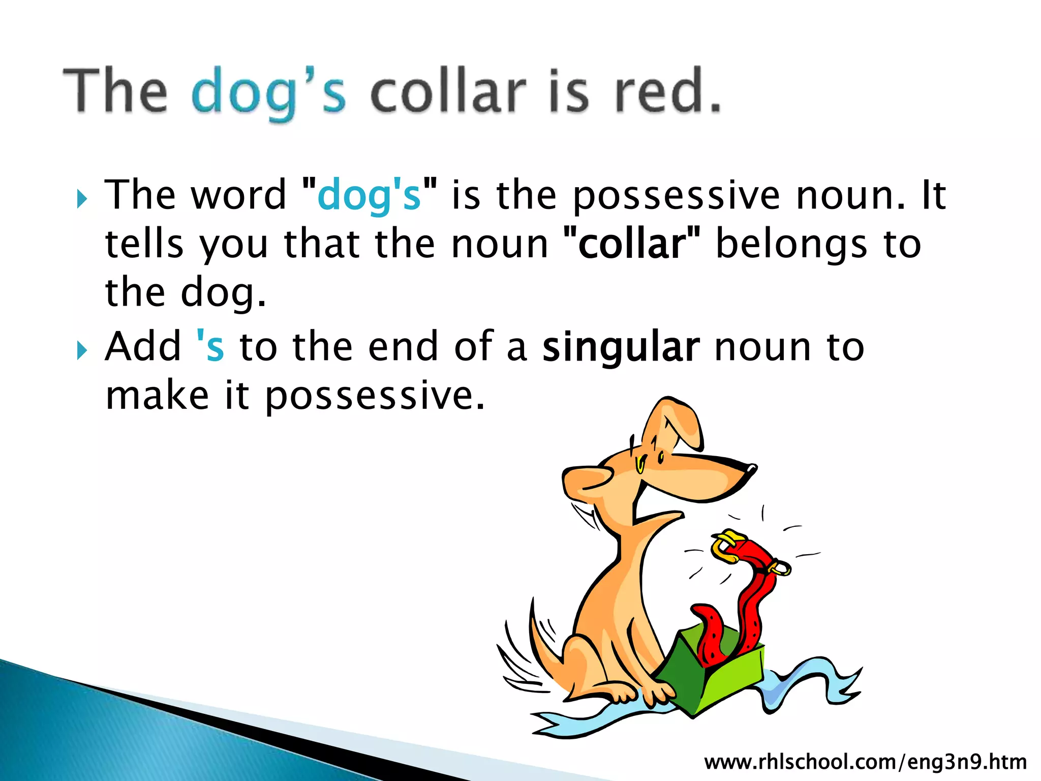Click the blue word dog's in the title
268,93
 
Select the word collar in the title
447,92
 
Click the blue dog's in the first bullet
369,196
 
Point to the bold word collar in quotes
632,244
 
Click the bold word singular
621,347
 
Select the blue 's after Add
210,347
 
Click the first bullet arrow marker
82,199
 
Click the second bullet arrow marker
82,350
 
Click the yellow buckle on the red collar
725,546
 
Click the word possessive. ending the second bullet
374,396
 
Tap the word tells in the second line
144,245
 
